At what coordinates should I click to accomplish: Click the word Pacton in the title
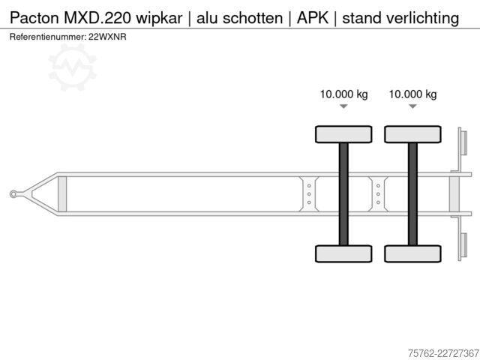point(34,18)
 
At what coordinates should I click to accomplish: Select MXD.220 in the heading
point(98,18)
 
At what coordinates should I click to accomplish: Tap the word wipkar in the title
point(159,18)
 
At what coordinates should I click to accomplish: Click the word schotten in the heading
point(253,18)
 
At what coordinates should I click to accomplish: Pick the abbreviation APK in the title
point(313,18)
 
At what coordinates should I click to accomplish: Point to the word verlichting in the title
point(423,18)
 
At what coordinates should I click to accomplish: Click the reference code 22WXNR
point(107,37)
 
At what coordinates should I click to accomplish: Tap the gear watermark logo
point(73,67)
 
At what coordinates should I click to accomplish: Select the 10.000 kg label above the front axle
point(343,94)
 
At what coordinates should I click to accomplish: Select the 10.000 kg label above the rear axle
point(412,94)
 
